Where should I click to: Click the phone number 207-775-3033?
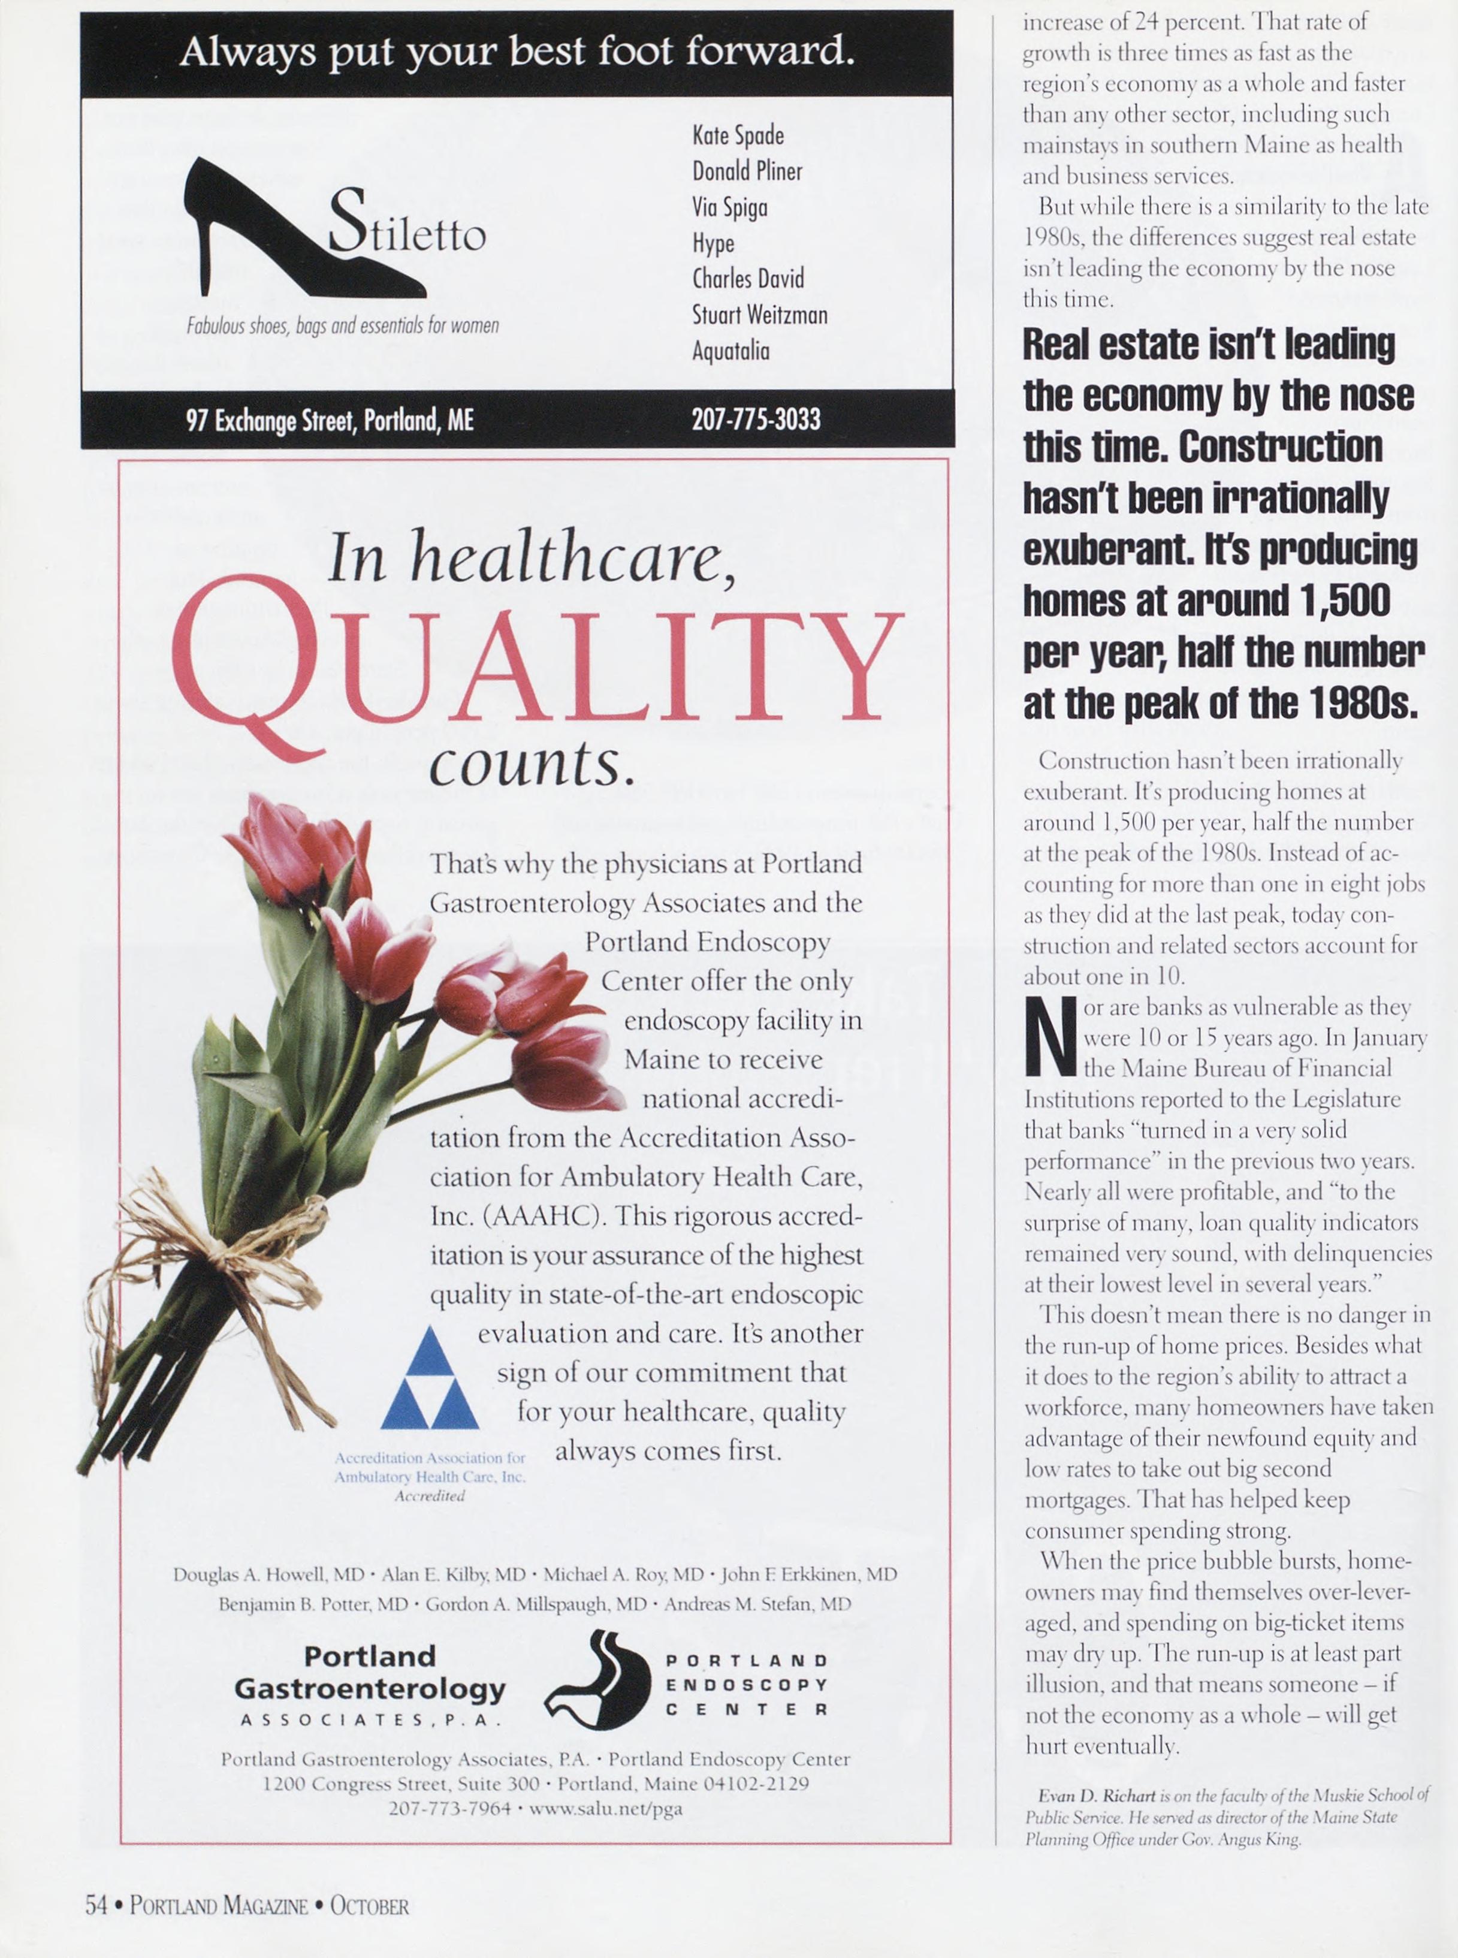pos(756,418)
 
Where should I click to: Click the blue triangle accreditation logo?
pos(430,1377)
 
